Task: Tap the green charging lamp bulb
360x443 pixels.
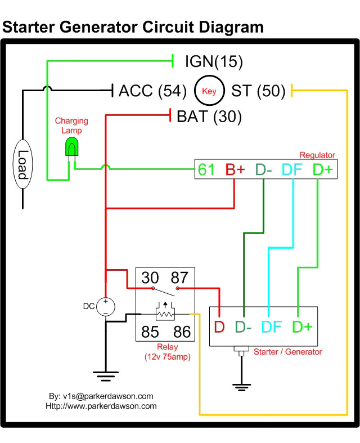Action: pyautogui.click(x=71, y=146)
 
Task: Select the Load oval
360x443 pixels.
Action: pyautogui.click(x=23, y=164)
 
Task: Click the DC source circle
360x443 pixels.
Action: pyautogui.click(x=106, y=307)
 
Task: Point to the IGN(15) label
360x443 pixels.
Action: pyautogui.click(x=214, y=61)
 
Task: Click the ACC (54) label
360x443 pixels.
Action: pyautogui.click(x=152, y=91)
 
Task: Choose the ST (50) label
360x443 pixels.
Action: pyautogui.click(x=258, y=91)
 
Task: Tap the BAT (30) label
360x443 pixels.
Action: pyautogui.click(x=209, y=117)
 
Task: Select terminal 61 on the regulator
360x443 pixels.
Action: pyautogui.click(x=206, y=169)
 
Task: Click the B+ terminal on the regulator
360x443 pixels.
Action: pyautogui.click(x=235, y=169)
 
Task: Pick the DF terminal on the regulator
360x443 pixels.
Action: pyautogui.click(x=292, y=169)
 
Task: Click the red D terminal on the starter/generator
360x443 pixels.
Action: pyautogui.click(x=219, y=326)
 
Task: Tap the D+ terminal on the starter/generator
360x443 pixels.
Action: pyautogui.click(x=302, y=326)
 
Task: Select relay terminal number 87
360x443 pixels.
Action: pyautogui.click(x=179, y=278)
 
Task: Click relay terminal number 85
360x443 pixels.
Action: pyautogui.click(x=150, y=332)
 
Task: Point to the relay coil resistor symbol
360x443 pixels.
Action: pyautogui.click(x=165, y=314)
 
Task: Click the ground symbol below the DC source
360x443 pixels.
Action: pyautogui.click(x=106, y=377)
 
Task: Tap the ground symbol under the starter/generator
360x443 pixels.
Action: pyautogui.click(x=241, y=387)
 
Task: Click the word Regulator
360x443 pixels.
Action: pyautogui.click(x=317, y=155)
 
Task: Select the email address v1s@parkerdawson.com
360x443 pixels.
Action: pyautogui.click(x=107, y=396)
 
